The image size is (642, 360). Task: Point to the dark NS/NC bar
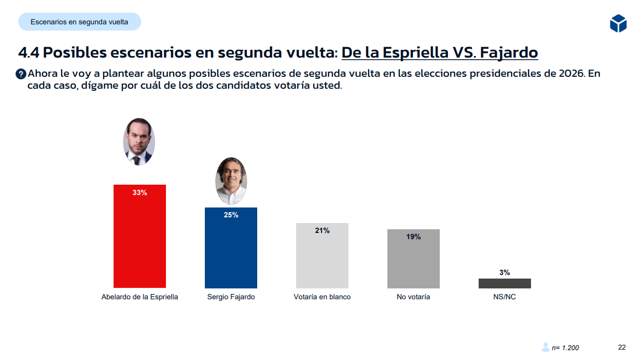pyautogui.click(x=505, y=283)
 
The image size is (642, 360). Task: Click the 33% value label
pyautogui.click(x=139, y=193)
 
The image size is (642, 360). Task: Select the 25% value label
pyautogui.click(x=231, y=215)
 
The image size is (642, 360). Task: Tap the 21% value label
pyautogui.click(x=322, y=231)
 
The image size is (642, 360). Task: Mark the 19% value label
pyautogui.click(x=413, y=237)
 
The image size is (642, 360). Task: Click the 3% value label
pyautogui.click(x=505, y=272)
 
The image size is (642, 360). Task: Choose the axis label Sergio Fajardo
pyautogui.click(x=231, y=297)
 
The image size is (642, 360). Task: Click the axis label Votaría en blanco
pyautogui.click(x=322, y=297)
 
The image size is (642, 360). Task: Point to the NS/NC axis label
pyautogui.click(x=505, y=297)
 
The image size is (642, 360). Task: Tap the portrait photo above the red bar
pyautogui.click(x=139, y=142)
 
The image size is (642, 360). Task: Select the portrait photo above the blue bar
pyautogui.click(x=231, y=181)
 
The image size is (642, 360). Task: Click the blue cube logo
pyautogui.click(x=618, y=23)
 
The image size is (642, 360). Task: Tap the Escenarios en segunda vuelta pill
pyautogui.click(x=79, y=22)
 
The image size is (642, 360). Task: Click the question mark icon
pyautogui.click(x=21, y=74)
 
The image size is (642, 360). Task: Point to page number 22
pyautogui.click(x=622, y=347)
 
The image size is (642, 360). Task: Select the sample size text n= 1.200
pyautogui.click(x=565, y=348)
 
